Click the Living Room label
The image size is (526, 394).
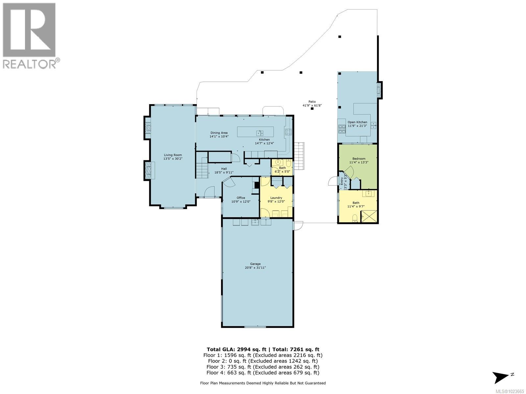[x=173, y=155]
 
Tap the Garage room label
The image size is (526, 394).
[x=255, y=264]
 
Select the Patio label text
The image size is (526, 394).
[x=312, y=102]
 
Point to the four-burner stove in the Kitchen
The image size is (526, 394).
[x=288, y=132]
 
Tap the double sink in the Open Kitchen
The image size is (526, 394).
[x=373, y=125]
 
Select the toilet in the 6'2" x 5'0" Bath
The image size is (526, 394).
[x=288, y=163]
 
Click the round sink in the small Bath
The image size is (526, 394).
[x=278, y=162]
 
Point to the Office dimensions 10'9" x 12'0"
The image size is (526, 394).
[x=241, y=202]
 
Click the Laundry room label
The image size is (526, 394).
[x=276, y=198]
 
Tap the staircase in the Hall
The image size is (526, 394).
[x=202, y=170]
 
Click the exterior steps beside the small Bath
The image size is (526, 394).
[x=299, y=156]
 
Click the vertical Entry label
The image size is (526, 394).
[x=342, y=182]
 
